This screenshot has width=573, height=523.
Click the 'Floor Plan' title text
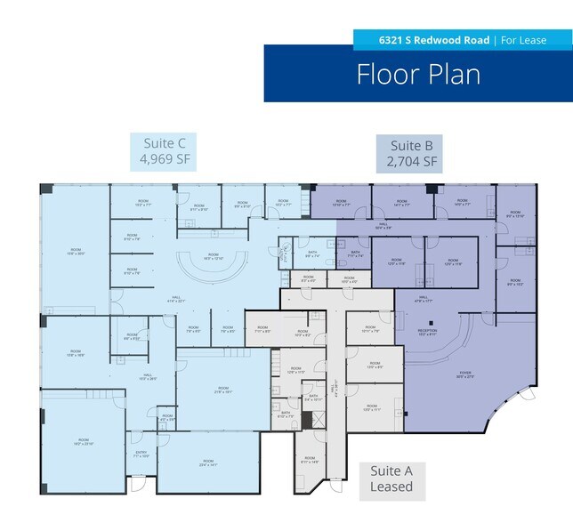pos(418,74)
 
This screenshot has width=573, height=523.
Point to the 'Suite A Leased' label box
pos(391,479)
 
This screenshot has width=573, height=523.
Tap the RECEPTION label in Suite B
pos(428,331)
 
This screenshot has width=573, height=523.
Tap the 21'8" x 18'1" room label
pos(222,390)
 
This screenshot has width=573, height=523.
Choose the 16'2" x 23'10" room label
pos(83,441)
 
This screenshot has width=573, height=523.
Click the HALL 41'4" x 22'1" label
pos(175,300)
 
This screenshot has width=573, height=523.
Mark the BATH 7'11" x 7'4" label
pos(354,254)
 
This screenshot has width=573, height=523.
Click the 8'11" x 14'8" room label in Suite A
pos(309,460)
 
